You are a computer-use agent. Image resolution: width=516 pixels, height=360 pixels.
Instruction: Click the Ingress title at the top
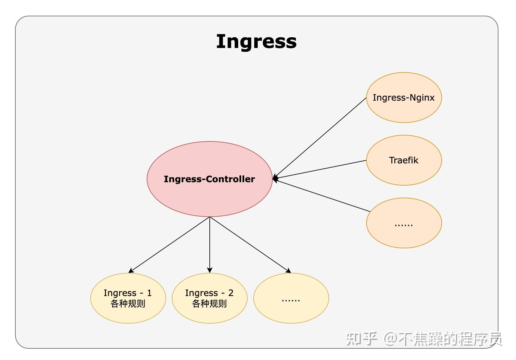[256, 41]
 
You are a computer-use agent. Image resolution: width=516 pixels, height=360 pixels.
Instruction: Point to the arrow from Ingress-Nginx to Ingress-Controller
[320, 138]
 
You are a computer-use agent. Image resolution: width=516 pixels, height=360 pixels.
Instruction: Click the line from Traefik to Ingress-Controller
[320, 169]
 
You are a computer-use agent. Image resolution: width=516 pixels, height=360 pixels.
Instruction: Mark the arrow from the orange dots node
[323, 196]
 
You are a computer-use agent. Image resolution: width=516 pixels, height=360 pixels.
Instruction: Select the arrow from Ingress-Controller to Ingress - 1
[169, 245]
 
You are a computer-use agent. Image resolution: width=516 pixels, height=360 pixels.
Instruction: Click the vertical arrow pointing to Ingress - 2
[210, 245]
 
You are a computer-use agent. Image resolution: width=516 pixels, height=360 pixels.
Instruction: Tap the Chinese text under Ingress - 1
[128, 304]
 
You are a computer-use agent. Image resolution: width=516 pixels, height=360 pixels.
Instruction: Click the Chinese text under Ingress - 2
[209, 304]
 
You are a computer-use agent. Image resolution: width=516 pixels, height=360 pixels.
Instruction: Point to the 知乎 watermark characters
[361, 338]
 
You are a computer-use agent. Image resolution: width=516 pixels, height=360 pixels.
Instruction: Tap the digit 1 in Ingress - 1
[149, 293]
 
